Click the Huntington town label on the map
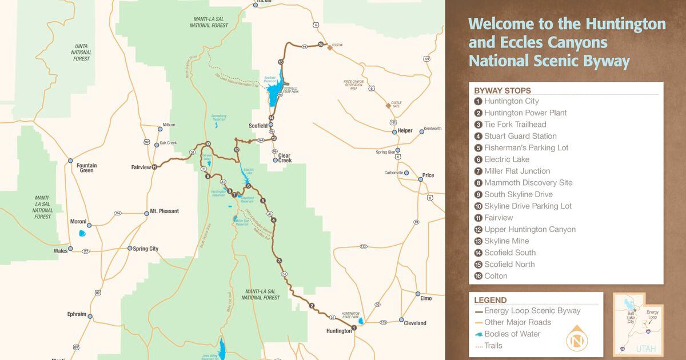pos(338,331)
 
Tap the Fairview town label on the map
pos(141,167)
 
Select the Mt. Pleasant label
pos(164,211)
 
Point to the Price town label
pos(428,175)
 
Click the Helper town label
pos(405,131)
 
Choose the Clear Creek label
pos(285,158)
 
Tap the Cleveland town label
pos(415,323)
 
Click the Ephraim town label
pos(77,314)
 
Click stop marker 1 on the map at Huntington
pos(354,328)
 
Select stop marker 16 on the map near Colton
pos(321,45)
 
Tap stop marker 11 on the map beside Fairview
pos(154,167)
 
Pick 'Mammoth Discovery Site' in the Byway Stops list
pos(528,183)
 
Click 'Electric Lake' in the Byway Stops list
pos(506,159)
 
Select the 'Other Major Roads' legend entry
pos(517,322)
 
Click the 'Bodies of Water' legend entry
pos(512,334)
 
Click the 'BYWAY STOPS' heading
pos(502,90)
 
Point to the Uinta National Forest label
pos(81,51)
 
